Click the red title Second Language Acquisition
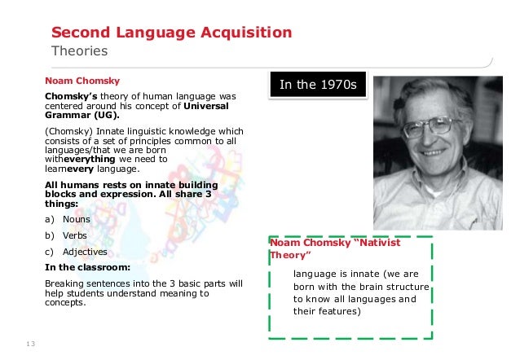(172, 33)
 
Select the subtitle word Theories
(80, 51)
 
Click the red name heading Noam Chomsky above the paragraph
(82, 81)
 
